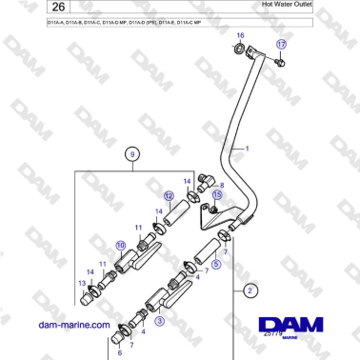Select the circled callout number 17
click(280, 45)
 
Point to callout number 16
click(240, 35)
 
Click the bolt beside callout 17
click(282, 63)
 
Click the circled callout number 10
click(121, 245)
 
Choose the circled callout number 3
click(159, 322)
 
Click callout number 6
click(120, 352)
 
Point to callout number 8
click(222, 186)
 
